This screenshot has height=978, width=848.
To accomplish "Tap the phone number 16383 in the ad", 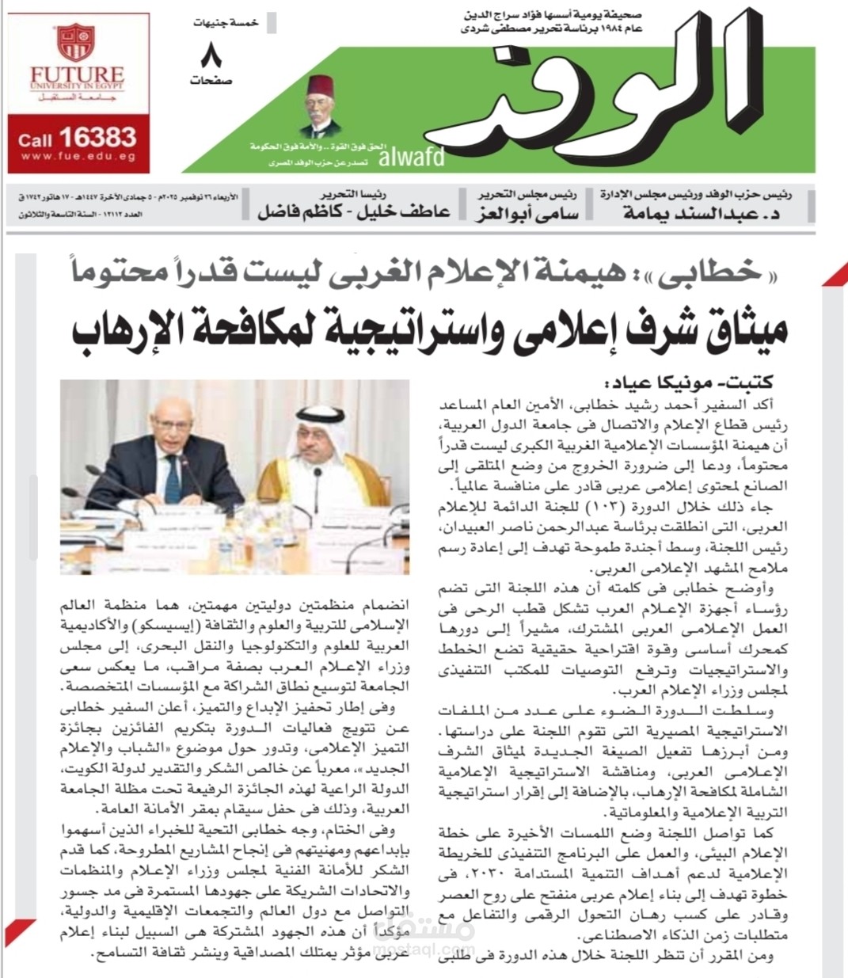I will click(97, 137).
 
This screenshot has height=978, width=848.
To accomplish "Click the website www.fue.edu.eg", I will click(78, 158).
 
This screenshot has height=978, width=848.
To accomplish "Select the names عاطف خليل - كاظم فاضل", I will click(353, 211).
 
